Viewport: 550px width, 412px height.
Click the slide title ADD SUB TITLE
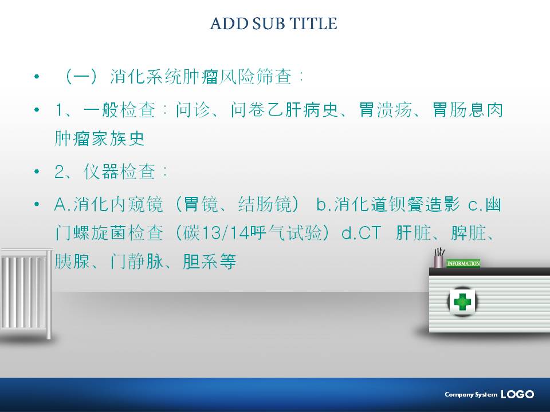(x=274, y=24)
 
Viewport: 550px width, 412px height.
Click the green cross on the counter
(x=462, y=302)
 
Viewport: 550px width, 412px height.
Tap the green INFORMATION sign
(x=463, y=263)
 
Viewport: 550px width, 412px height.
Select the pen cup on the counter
(x=439, y=259)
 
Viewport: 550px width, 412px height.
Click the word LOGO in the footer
(x=517, y=394)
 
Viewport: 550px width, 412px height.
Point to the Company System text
(x=471, y=394)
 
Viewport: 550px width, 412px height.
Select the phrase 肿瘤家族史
(x=100, y=138)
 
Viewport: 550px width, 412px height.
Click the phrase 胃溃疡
(x=386, y=110)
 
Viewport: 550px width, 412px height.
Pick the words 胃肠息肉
(x=467, y=110)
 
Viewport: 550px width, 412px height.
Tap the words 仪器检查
(x=120, y=172)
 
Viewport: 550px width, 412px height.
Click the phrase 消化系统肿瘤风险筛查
(x=201, y=76)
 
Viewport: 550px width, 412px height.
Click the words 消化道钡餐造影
(x=397, y=204)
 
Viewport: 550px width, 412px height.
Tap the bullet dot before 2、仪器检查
(x=37, y=172)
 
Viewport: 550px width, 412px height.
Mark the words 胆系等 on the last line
(x=210, y=262)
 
